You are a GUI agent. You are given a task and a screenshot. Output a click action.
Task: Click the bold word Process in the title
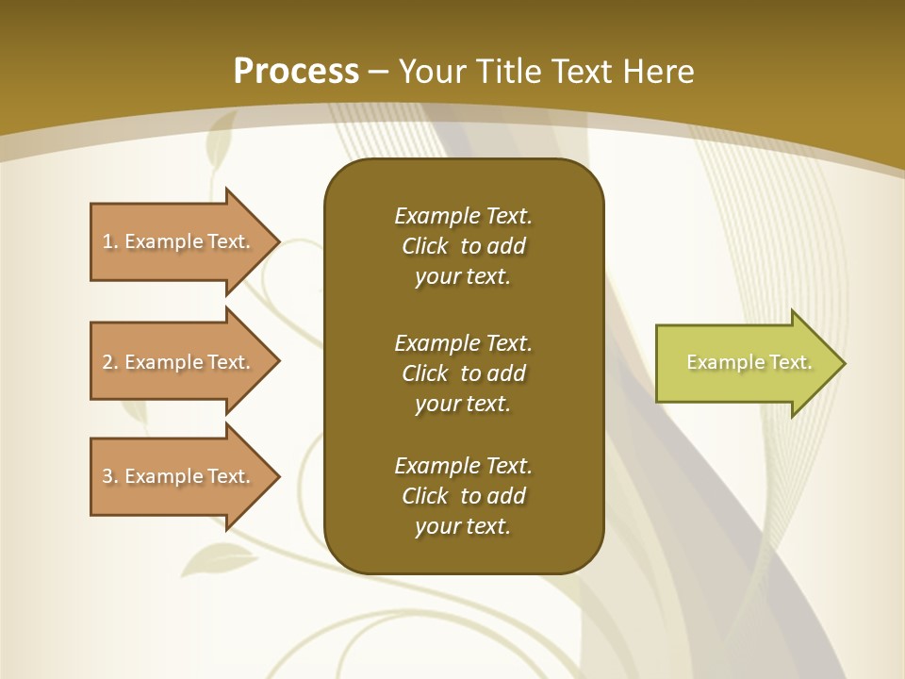coord(296,71)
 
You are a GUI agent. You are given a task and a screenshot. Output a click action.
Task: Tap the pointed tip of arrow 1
coord(277,241)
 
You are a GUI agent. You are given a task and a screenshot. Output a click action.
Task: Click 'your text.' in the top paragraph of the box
coord(463,277)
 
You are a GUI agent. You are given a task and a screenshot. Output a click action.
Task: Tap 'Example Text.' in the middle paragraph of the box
coord(463,342)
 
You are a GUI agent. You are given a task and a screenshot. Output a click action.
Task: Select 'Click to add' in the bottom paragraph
coord(463,496)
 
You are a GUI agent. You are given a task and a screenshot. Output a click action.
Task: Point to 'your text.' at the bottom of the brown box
coord(463,526)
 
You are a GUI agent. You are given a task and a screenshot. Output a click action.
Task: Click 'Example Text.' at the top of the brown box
coord(463,216)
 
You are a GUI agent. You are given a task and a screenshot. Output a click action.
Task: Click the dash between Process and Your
coord(379,72)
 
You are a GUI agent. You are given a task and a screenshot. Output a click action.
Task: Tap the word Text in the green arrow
coord(790,362)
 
